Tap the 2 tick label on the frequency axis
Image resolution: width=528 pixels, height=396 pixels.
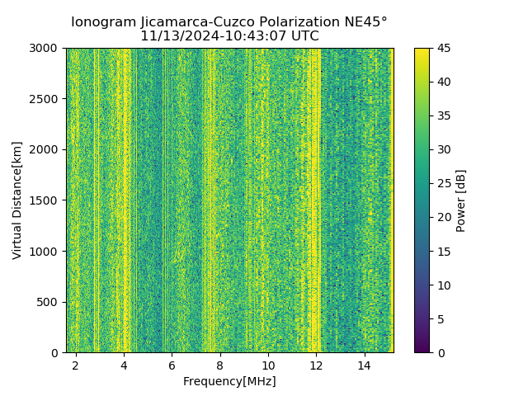pyautogui.click(x=76, y=365)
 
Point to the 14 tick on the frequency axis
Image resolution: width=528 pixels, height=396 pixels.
pyautogui.click(x=364, y=365)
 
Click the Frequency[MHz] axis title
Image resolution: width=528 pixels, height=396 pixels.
pyautogui.click(x=229, y=381)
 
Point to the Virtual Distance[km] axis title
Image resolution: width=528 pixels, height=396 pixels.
pyautogui.click(x=17, y=200)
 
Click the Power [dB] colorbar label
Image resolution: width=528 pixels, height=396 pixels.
pyautogui.click(x=461, y=200)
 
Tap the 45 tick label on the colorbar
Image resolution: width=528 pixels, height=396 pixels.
pyautogui.click(x=443, y=49)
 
